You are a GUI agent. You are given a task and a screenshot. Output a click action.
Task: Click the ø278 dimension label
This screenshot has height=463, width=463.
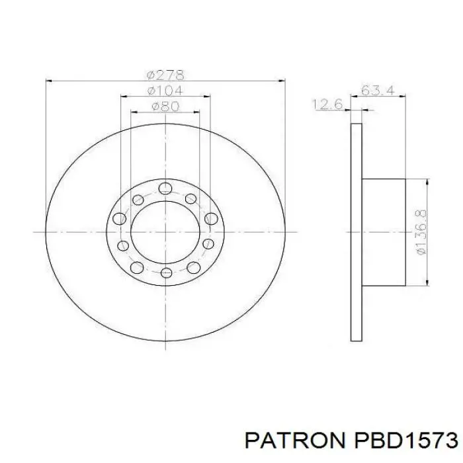point(165,75)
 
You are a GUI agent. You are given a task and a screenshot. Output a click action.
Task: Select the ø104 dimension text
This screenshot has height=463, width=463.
point(165,91)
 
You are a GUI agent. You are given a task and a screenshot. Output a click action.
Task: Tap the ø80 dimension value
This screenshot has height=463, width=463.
point(165,106)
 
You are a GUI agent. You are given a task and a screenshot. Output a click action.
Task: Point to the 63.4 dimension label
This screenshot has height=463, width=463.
point(378,90)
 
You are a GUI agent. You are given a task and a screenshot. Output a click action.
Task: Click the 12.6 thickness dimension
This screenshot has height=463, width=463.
point(328,105)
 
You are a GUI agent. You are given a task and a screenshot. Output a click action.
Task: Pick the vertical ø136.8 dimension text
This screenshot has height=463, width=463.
point(421,232)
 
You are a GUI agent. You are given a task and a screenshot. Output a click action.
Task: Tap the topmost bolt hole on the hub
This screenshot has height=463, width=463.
point(165,188)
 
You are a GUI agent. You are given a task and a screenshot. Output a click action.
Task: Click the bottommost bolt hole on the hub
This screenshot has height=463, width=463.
point(166,273)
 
